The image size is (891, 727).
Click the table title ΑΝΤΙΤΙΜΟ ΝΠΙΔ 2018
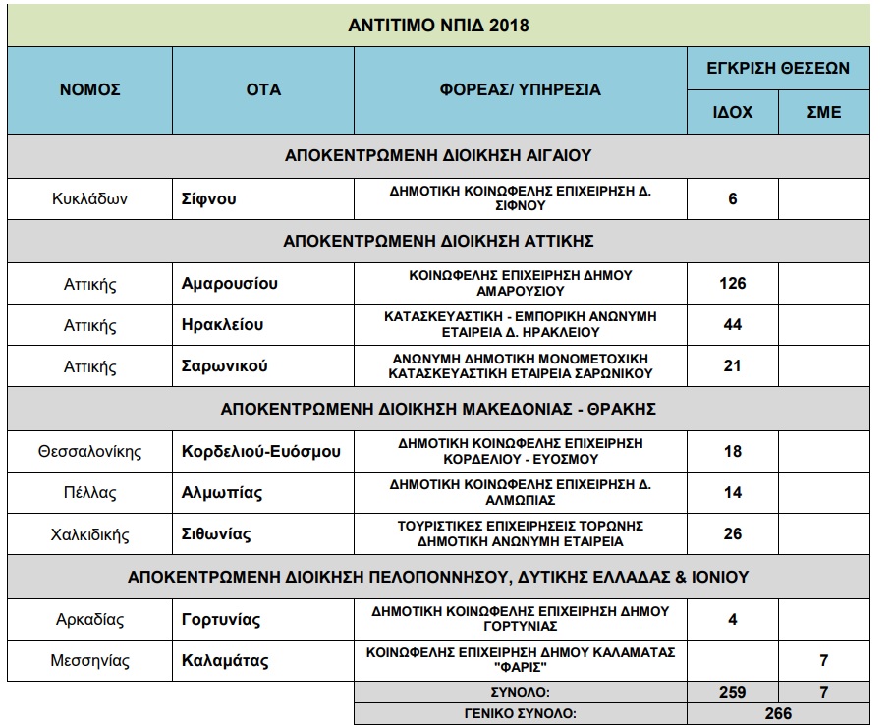point(438,25)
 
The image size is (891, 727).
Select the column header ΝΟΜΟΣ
point(89,89)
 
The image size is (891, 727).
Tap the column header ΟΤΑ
point(263,89)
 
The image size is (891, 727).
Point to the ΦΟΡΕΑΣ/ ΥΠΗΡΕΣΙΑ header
point(520,89)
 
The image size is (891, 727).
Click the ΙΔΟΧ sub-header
point(732,112)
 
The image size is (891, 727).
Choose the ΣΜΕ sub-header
point(824,112)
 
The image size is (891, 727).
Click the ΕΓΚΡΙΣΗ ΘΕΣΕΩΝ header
point(778,69)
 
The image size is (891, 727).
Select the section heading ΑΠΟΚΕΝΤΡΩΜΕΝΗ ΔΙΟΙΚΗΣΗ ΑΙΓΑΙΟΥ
point(438,155)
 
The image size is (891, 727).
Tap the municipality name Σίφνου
point(209,198)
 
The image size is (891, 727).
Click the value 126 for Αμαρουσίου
point(732,284)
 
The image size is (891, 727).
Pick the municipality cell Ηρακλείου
point(223,325)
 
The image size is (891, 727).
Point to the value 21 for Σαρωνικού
point(732,366)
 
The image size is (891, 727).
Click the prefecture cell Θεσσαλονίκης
point(89,452)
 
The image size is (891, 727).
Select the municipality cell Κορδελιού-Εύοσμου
point(261,452)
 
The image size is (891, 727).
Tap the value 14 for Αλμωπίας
point(732,493)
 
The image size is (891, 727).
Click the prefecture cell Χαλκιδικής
point(89,534)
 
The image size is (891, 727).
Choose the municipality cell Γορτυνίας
point(221,620)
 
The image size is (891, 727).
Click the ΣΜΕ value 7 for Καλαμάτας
point(824,661)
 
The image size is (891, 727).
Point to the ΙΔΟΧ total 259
point(732,693)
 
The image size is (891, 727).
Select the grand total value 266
point(778,714)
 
